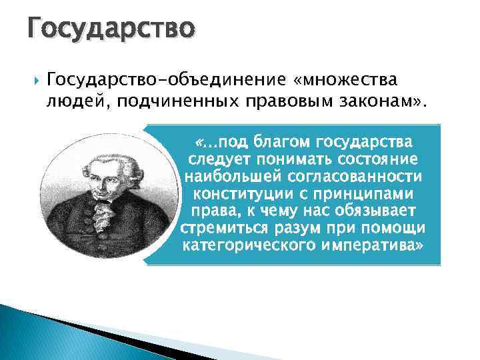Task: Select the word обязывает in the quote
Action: click(x=368, y=211)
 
